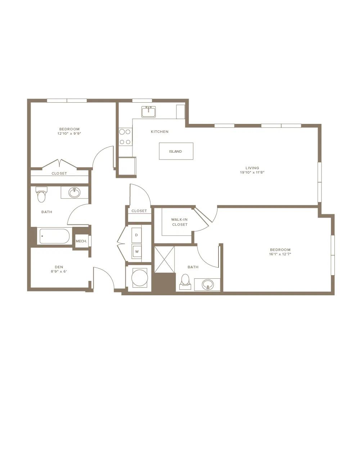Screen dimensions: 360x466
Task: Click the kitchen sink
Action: [x=148, y=112]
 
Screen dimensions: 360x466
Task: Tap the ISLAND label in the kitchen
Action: [x=176, y=151]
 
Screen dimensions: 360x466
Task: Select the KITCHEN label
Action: [x=159, y=132]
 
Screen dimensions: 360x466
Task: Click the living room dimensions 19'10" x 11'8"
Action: [x=252, y=172]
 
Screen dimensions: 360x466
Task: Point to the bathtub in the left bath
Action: [x=54, y=236]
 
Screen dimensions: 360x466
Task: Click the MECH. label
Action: [x=81, y=241]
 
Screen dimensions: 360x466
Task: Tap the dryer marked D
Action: [x=136, y=235]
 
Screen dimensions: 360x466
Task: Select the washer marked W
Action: [x=136, y=251]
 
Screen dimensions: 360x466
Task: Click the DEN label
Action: [x=59, y=267]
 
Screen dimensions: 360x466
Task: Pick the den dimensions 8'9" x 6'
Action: [x=59, y=272]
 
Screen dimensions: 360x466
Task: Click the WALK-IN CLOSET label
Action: [x=180, y=222]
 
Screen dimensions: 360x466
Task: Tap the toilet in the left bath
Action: [x=41, y=195]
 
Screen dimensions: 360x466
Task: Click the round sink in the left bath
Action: [x=75, y=192]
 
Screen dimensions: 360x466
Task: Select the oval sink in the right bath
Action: [x=208, y=284]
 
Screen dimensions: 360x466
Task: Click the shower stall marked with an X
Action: [x=165, y=260]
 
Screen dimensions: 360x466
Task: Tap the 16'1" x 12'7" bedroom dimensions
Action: [x=280, y=254]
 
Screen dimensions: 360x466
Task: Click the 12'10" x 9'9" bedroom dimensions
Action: [x=69, y=133]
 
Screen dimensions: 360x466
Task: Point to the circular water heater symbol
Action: [x=140, y=278]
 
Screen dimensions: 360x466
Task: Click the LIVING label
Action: [x=252, y=168]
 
